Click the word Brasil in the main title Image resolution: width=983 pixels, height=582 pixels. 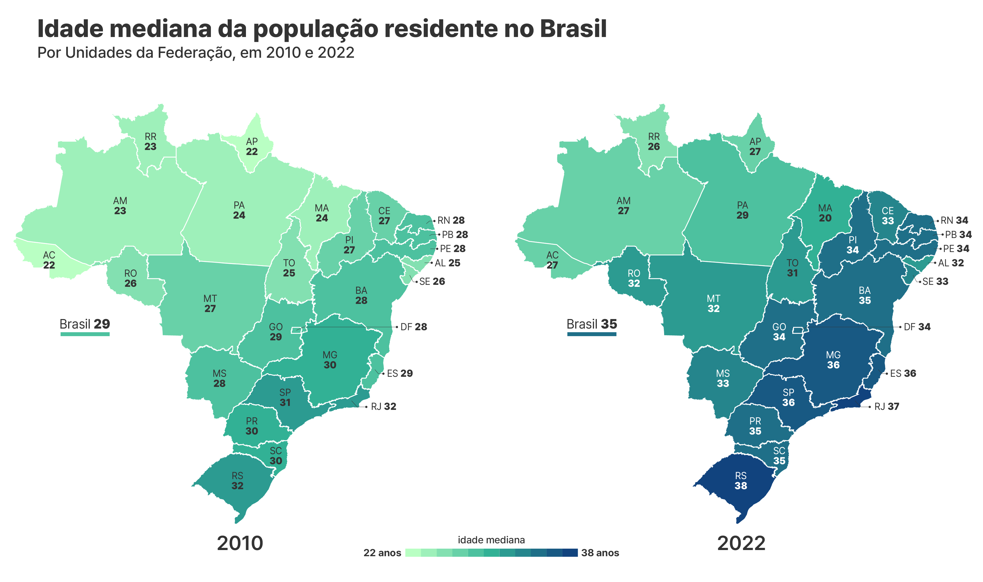[x=573, y=29]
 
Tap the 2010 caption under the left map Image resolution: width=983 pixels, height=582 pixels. [x=240, y=543]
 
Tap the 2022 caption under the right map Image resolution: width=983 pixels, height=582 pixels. [x=741, y=543]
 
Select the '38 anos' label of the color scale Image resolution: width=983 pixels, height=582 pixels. [x=600, y=553]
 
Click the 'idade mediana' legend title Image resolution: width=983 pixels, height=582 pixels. [x=491, y=540]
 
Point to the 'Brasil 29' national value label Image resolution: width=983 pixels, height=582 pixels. [x=85, y=324]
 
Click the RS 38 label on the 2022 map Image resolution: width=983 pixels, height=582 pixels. [x=741, y=481]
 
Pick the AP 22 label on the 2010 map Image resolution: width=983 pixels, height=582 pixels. [x=252, y=146]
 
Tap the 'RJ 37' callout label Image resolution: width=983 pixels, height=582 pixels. [x=887, y=406]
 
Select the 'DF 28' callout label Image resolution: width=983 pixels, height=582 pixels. [x=413, y=327]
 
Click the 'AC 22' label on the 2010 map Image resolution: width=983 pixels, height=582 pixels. [x=49, y=260]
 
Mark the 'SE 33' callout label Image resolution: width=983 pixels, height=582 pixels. [x=935, y=281]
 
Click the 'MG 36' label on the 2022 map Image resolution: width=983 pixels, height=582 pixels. [x=833, y=360]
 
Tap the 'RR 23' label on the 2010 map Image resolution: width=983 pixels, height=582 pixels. [x=151, y=142]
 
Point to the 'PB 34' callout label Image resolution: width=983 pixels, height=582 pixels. [x=958, y=235]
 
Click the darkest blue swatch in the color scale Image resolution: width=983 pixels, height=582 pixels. [x=570, y=553]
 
